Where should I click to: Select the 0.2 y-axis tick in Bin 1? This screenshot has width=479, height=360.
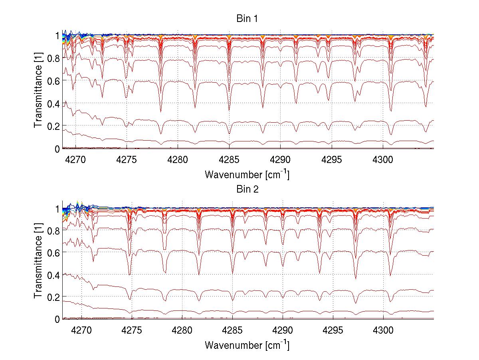click(x=52, y=126)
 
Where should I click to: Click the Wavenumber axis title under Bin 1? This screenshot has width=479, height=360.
click(x=247, y=174)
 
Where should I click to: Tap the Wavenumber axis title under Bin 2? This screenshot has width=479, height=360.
click(x=247, y=345)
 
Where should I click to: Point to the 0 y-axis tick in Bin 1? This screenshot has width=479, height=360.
click(x=57, y=149)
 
